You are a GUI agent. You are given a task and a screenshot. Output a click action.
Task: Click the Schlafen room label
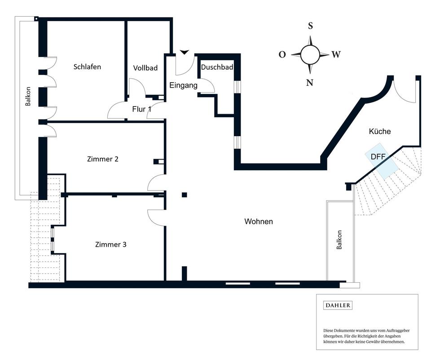pyautogui.click(x=87, y=67)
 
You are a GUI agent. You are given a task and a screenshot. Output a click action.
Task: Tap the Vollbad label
pyautogui.click(x=145, y=68)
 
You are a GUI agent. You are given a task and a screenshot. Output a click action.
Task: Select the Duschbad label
pyautogui.click(x=217, y=67)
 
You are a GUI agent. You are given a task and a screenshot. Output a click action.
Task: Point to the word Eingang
pyautogui.click(x=183, y=85)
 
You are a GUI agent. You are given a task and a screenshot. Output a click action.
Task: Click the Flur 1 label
pyautogui.click(x=141, y=109)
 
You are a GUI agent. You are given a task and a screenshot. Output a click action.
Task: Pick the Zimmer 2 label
pyautogui.click(x=103, y=159)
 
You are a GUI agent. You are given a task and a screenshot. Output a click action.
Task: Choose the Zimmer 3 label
pyautogui.click(x=110, y=244)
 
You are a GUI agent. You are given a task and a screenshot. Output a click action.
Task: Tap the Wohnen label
pyautogui.click(x=259, y=222)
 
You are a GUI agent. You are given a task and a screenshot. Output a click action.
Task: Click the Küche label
pyautogui.click(x=380, y=132)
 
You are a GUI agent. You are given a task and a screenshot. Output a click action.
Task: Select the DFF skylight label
pyautogui.click(x=378, y=157)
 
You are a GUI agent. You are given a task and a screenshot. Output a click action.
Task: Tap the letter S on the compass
pyautogui.click(x=310, y=26)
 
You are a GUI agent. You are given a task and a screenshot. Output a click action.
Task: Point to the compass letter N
pyautogui.click(x=310, y=82)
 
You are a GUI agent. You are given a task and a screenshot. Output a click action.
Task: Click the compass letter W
pyautogui.click(x=336, y=55)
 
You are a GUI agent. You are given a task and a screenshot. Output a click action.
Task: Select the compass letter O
pyautogui.click(x=282, y=55)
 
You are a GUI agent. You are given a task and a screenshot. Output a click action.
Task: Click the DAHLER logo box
pyautogui.click(x=338, y=305)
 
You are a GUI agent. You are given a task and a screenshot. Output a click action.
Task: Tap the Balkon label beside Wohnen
pyautogui.click(x=339, y=240)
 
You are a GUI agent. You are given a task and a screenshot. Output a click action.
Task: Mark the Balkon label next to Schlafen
pyautogui.click(x=28, y=96)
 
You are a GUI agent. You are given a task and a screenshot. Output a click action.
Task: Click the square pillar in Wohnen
pyautogui.click(x=184, y=195)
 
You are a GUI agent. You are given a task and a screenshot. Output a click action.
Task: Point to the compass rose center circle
pyautogui.click(x=310, y=55)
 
